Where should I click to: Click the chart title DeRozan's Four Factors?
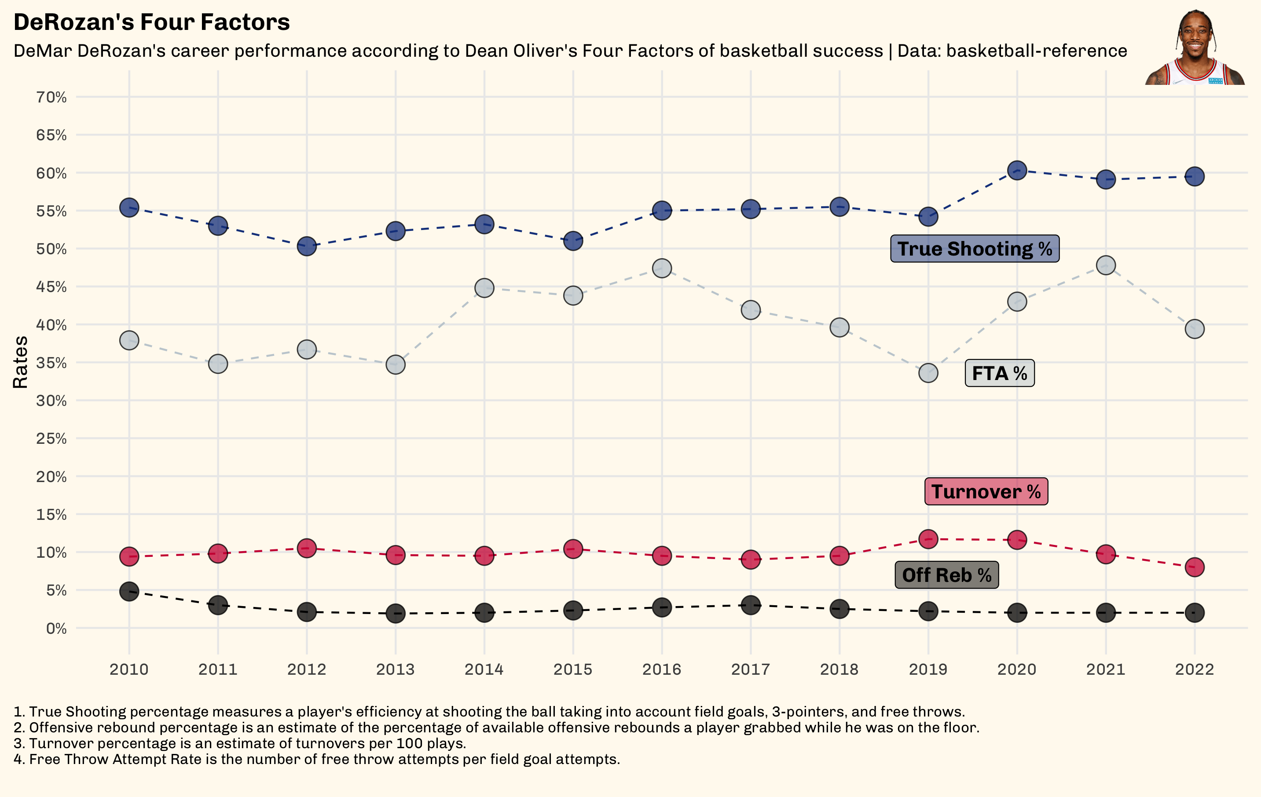point(151,22)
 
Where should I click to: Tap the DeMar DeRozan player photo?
point(1195,48)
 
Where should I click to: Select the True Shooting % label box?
point(975,249)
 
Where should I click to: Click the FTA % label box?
point(999,373)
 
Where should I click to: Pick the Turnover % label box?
point(986,492)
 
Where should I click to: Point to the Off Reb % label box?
point(946,575)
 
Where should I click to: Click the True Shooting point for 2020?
point(1017,170)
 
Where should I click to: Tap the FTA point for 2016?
point(662,269)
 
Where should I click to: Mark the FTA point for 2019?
point(928,373)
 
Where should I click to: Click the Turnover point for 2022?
point(1195,567)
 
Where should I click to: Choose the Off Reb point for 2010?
point(129,592)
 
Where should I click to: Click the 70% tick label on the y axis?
point(51,97)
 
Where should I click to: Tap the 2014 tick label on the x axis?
point(484,669)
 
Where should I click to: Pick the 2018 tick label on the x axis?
point(839,669)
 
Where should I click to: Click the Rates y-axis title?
point(20,362)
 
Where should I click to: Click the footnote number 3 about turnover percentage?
point(240,744)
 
